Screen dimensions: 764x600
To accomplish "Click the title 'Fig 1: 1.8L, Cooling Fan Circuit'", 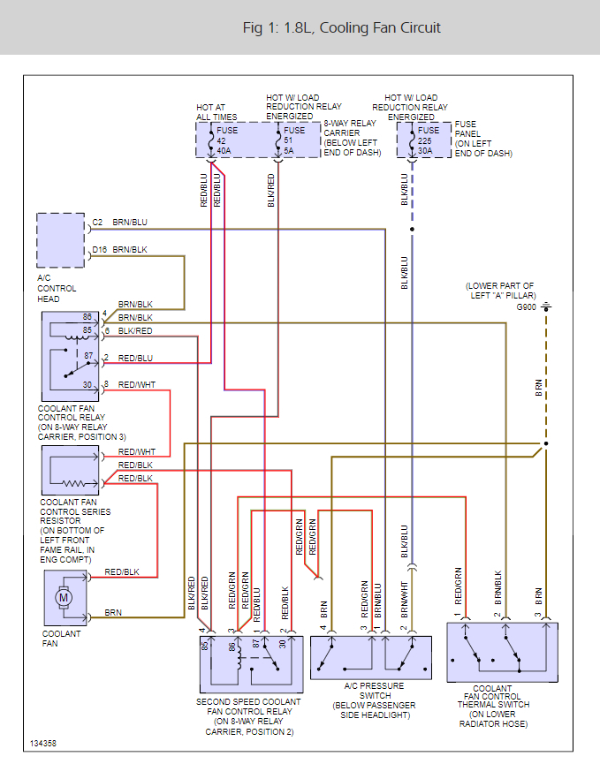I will [x=341, y=28].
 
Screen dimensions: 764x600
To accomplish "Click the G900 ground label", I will [x=526, y=307].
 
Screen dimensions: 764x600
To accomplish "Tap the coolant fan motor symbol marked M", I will [x=64, y=597].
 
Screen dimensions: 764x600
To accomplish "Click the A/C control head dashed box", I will [x=61, y=239].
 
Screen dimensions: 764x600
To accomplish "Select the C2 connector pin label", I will [x=97, y=223].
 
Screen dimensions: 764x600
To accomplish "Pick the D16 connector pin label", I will [x=99, y=250].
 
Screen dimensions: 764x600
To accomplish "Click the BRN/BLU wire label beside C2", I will [x=130, y=223].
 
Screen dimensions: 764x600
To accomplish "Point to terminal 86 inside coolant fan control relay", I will [x=87, y=316].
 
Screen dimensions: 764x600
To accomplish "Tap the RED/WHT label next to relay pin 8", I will [x=136, y=384].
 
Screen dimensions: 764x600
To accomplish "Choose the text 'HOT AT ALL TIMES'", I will [x=216, y=112].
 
